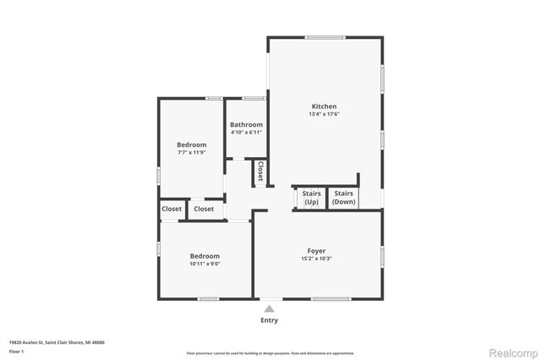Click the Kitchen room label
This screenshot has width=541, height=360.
tap(324, 106)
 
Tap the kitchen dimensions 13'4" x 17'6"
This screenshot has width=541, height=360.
tap(324, 114)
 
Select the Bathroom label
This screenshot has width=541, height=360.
tap(246, 124)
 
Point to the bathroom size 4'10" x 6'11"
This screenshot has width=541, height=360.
tap(246, 132)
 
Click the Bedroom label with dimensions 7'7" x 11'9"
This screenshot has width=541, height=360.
tap(191, 144)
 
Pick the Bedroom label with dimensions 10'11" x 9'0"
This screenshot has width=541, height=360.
tap(205, 255)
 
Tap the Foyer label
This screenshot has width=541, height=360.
tap(316, 250)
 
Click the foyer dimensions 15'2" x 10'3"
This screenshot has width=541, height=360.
tap(316, 259)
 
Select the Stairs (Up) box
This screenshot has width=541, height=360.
tap(310, 198)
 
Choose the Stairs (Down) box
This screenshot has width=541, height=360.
tap(343, 198)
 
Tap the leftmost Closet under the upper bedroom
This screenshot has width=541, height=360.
tap(172, 209)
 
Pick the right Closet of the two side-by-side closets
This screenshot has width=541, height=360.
tap(204, 209)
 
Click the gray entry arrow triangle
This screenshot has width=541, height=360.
tap(269, 308)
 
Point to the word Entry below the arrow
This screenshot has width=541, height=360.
tap(269, 320)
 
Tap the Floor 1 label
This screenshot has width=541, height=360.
tap(16, 350)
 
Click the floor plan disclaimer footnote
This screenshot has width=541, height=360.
tap(270, 352)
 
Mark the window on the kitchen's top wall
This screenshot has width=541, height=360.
tap(325, 37)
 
